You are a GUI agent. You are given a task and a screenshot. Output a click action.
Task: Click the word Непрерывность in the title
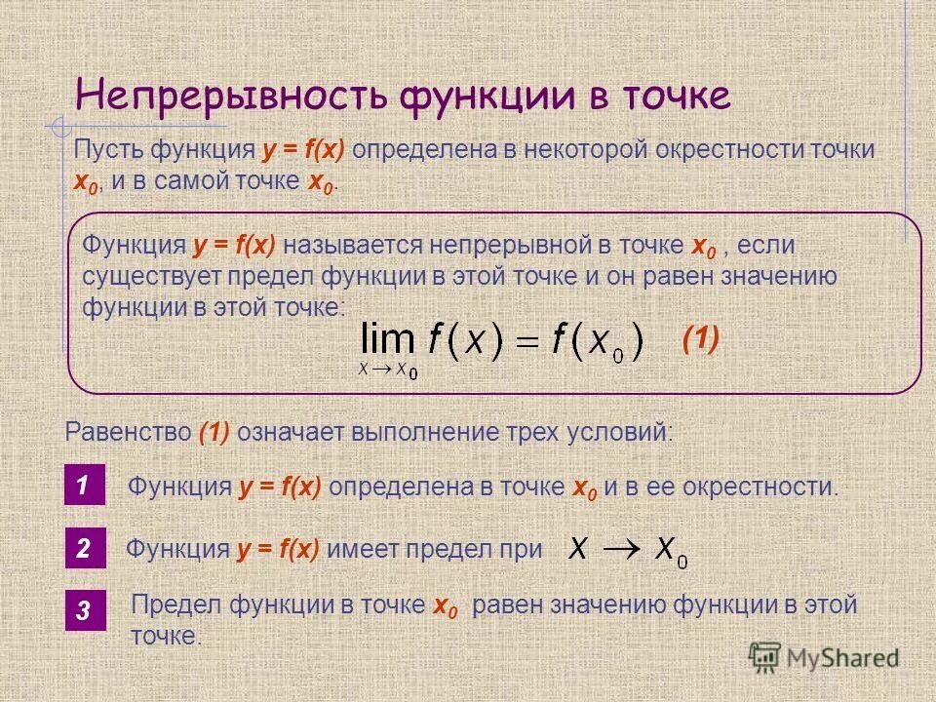pos(229,97)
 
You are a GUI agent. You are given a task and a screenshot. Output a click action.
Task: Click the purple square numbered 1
pos(84,486)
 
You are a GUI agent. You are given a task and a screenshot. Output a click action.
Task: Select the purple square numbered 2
pos(84,550)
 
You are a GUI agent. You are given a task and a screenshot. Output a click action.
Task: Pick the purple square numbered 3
pos(84,611)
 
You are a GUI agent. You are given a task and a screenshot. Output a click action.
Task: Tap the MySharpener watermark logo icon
pos(765,658)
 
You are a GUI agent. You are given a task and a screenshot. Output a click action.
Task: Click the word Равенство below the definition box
pos(128,431)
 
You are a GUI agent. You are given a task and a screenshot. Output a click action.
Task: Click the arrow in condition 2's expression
pos(622,550)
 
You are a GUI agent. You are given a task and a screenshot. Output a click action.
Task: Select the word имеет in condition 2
pos(357,550)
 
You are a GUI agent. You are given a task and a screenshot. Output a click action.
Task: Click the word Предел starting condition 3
pos(176,605)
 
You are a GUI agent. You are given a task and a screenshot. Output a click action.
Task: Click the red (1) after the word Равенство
pos(214,431)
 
